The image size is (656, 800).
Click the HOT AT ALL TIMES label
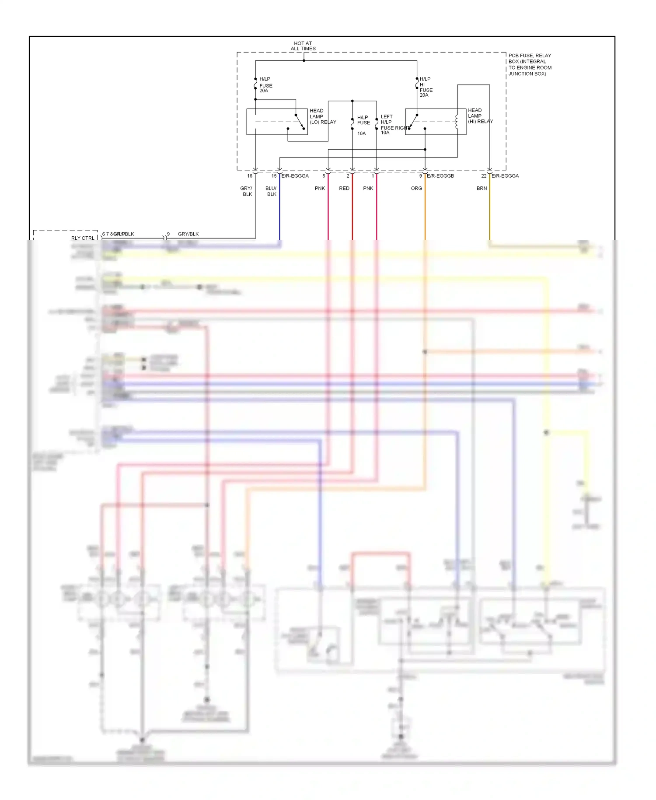[x=303, y=46]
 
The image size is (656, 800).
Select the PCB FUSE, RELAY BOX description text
[x=529, y=64]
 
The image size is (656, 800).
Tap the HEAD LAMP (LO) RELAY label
[x=322, y=116]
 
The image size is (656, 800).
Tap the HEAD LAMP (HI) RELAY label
[x=480, y=116]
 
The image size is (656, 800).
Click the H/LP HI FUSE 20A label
[x=426, y=87]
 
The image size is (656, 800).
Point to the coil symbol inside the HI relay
[x=457, y=122]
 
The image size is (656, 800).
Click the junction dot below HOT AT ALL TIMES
[x=304, y=60]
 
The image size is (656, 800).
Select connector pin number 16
[x=250, y=176]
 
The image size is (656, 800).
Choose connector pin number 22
[x=484, y=176]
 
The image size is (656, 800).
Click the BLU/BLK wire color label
[x=271, y=191]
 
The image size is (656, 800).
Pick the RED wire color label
[x=344, y=188]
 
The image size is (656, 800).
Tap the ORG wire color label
[x=416, y=188]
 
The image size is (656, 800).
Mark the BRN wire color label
[x=482, y=188]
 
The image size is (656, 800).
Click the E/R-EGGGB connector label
[x=440, y=176]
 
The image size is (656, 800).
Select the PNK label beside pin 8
[x=320, y=188]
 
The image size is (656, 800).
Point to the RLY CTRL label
[x=83, y=238]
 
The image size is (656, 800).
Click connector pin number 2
[x=348, y=176]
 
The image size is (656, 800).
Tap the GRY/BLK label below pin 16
[x=247, y=191]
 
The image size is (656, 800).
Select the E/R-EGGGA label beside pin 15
[x=295, y=176]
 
